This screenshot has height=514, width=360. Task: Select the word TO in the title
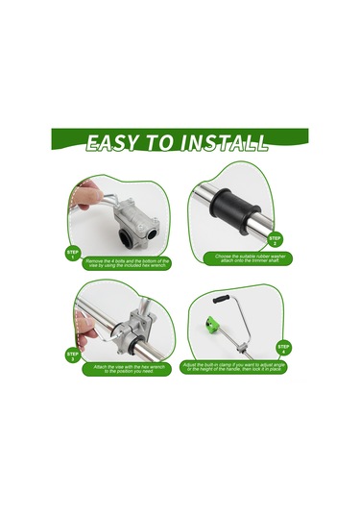(161, 145)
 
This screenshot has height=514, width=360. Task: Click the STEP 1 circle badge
(73, 255)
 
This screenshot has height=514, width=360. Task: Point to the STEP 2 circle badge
(276, 240)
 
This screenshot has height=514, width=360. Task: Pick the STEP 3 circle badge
(73, 356)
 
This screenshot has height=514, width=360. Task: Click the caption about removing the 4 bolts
(128, 261)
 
